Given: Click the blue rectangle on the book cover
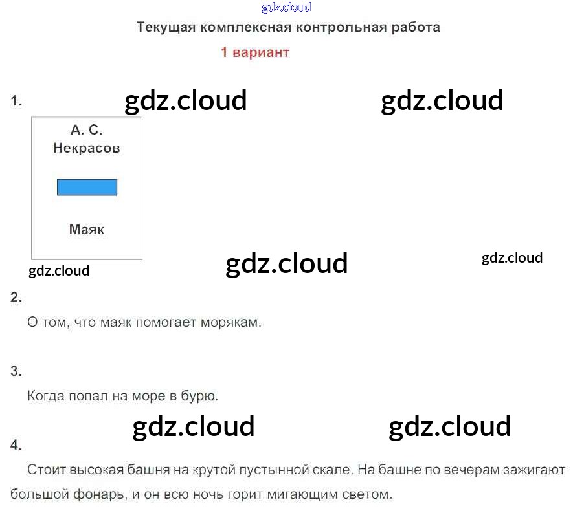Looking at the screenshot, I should click(x=87, y=187).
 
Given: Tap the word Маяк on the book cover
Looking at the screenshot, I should click(x=87, y=229).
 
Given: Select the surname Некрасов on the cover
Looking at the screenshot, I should click(x=87, y=148).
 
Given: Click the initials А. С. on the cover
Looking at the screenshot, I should click(x=87, y=129).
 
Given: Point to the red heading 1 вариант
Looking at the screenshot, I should click(x=254, y=52).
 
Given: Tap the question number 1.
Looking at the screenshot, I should click(x=16, y=101).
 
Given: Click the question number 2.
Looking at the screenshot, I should click(x=16, y=298).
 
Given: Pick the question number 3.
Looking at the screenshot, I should click(x=16, y=371).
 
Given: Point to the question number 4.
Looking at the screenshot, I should click(x=16, y=444).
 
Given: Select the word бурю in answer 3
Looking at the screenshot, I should click(x=200, y=396).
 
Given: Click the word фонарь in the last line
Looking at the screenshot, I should click(x=100, y=496).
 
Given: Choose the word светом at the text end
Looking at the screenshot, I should click(x=369, y=496).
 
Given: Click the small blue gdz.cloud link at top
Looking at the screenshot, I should click(x=286, y=7).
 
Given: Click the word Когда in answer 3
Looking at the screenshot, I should click(x=45, y=396).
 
